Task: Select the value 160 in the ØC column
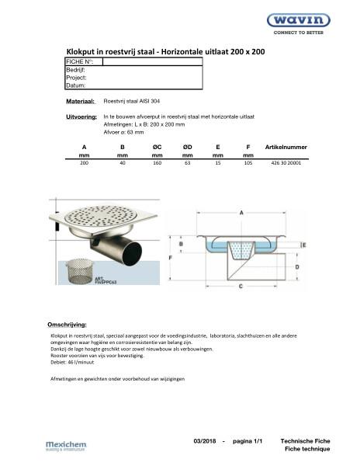click(x=157, y=164)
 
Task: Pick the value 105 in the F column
click(x=248, y=164)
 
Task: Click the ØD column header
click(x=187, y=146)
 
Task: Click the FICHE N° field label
click(x=80, y=61)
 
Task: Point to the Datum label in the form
click(x=76, y=85)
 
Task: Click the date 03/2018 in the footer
click(x=205, y=441)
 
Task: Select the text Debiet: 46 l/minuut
click(x=71, y=363)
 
